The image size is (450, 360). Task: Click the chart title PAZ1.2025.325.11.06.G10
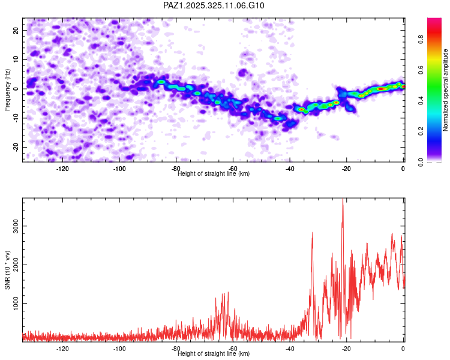coord(214,5)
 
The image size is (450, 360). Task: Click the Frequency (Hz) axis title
coord(8,90)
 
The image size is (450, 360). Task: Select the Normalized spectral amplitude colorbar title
coord(446,91)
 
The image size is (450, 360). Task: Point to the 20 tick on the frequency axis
coord(16,30)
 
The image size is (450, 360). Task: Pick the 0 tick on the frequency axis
coord(16,89)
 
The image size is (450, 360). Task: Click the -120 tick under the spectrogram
coord(62,169)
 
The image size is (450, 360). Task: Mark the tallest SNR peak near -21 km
coord(343,200)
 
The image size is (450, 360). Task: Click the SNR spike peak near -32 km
coord(313,232)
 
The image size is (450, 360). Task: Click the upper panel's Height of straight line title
coord(214,174)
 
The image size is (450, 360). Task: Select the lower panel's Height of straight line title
coord(214,354)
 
